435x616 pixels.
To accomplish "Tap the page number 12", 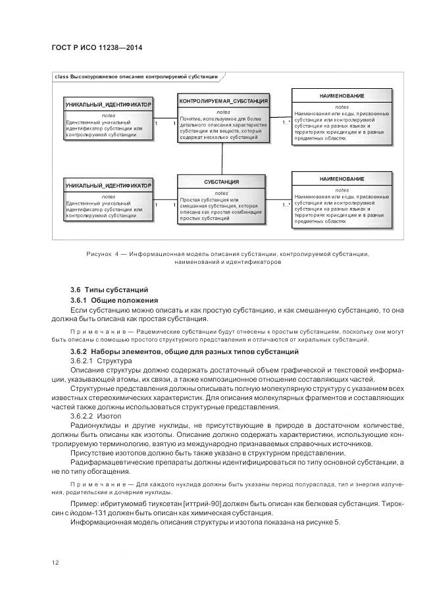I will pyautogui.click(x=55, y=561).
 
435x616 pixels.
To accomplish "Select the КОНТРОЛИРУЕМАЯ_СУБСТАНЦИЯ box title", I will pyautogui.click(x=223, y=101).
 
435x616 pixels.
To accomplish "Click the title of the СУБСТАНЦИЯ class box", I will pyautogui.click(x=221, y=182).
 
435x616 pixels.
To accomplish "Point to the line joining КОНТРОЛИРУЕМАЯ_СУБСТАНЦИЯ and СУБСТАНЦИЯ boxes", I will pyautogui.click(x=223, y=158).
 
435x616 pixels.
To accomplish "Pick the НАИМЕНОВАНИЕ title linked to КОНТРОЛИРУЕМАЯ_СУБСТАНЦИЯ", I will pyautogui.click(x=342, y=96).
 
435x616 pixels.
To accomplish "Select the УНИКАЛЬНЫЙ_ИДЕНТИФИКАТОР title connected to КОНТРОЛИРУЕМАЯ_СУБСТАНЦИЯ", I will pyautogui.click(x=109, y=105).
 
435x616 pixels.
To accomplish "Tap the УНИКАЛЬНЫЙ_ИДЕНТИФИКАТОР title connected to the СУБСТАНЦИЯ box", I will pyautogui.click(x=109, y=186).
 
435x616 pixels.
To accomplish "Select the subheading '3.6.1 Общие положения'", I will pyautogui.click(x=114, y=300).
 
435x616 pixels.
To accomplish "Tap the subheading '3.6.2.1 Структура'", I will pyautogui.click(x=101, y=361).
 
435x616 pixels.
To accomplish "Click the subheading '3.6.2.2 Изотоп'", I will pyautogui.click(x=95, y=417).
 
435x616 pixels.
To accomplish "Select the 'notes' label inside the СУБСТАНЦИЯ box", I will pyautogui.click(x=221, y=193).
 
